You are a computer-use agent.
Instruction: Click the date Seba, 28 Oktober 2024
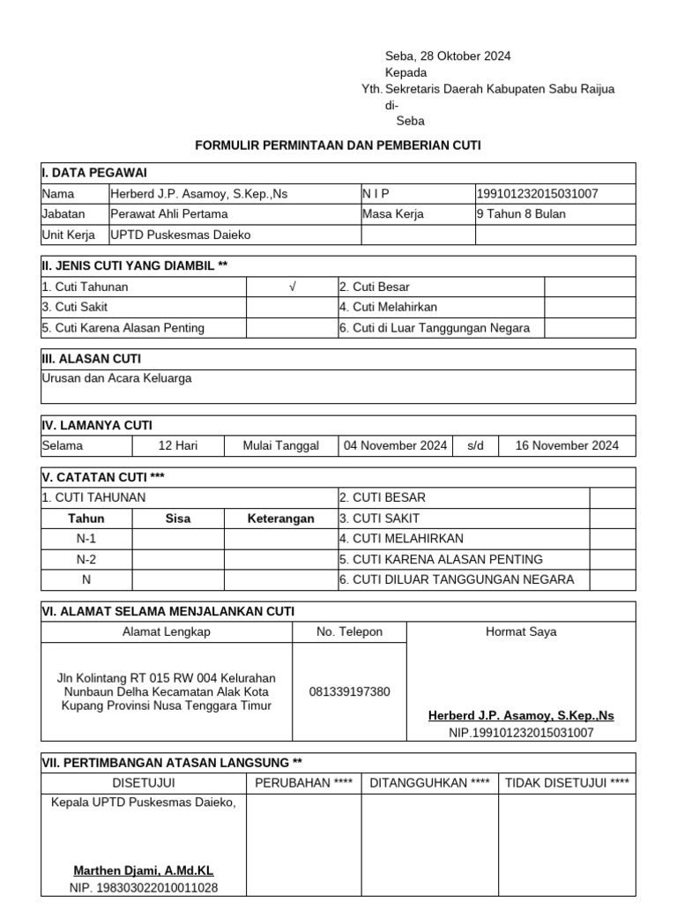point(448,56)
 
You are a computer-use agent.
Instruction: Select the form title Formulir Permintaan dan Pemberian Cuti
point(338,145)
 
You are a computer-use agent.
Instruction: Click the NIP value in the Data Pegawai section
point(543,193)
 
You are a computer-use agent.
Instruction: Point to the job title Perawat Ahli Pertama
point(169,213)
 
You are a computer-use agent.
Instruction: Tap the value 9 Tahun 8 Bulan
point(521,213)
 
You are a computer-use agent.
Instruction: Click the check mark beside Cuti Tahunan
point(292,287)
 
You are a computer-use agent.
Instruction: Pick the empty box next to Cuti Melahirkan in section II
point(589,307)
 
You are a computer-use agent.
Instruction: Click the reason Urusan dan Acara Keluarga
point(116,378)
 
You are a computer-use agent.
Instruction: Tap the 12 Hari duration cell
point(178,445)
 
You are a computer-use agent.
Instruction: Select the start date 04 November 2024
point(396,445)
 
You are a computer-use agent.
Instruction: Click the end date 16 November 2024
point(567,445)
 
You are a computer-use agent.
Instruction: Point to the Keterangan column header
point(280,519)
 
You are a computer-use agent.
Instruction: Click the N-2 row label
point(86,559)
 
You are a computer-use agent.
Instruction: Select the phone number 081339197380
point(349,691)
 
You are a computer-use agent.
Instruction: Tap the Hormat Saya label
point(521,631)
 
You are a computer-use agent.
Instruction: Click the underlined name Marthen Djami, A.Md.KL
point(144,870)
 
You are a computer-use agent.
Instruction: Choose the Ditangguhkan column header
point(429,782)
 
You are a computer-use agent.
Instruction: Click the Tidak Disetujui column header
point(567,782)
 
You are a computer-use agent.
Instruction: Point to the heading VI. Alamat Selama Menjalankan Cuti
point(168,611)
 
